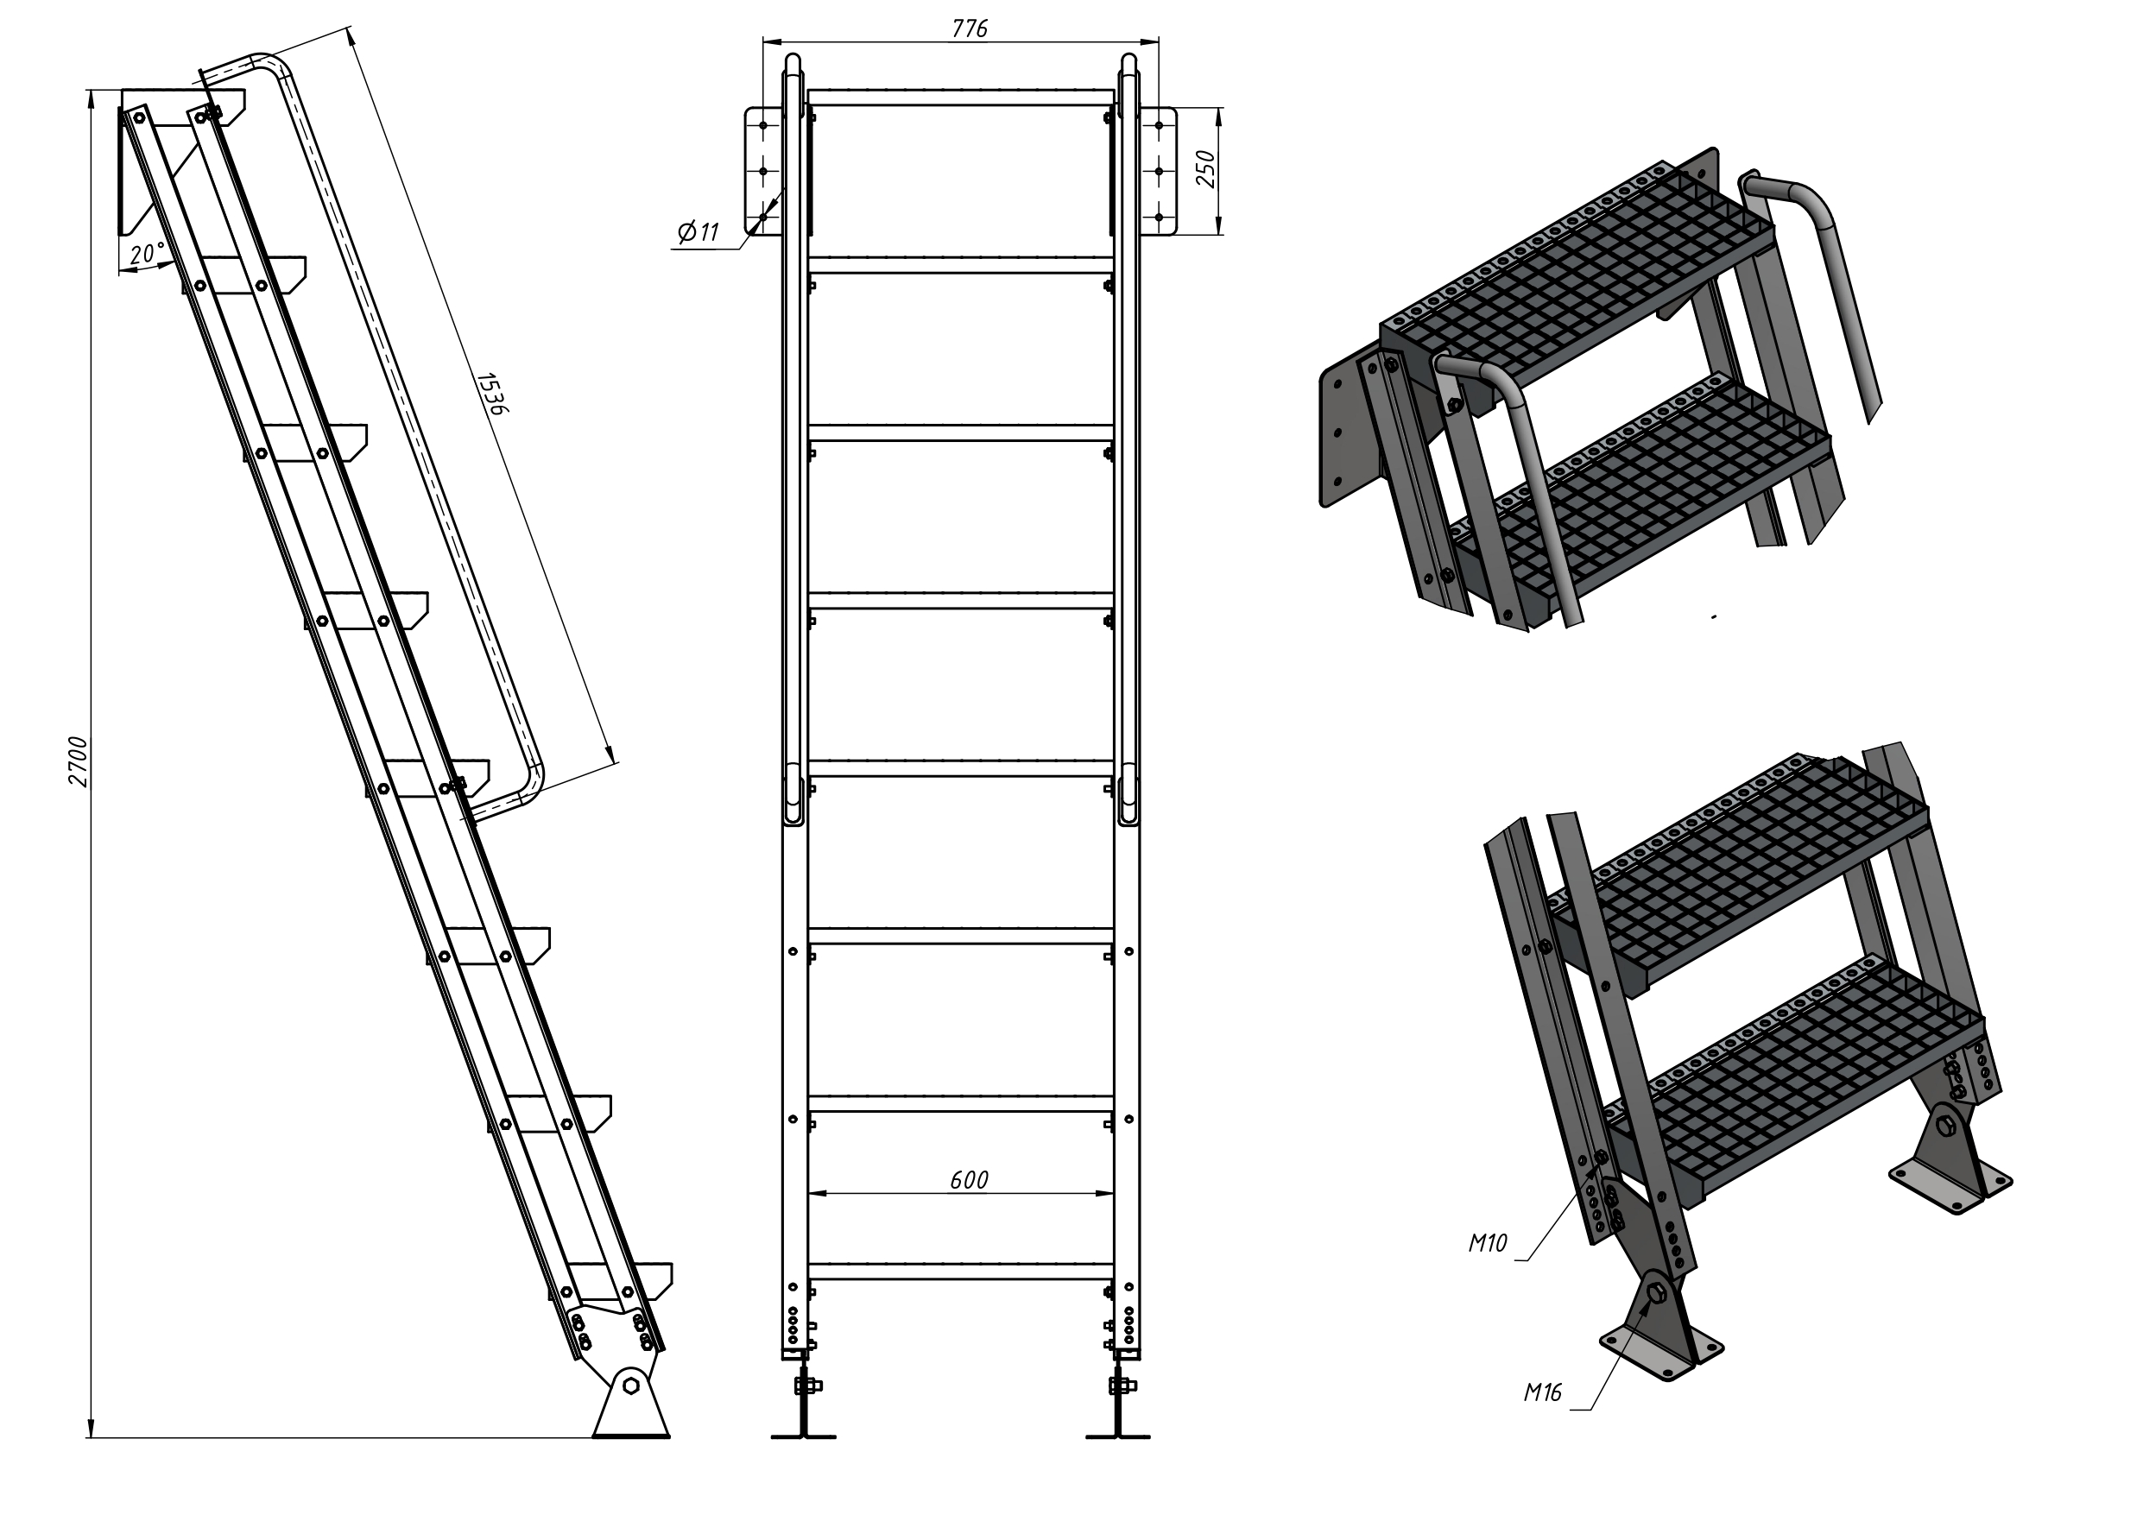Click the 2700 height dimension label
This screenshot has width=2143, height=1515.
point(79,761)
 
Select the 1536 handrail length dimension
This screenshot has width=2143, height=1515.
point(491,393)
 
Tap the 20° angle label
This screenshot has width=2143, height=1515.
point(148,253)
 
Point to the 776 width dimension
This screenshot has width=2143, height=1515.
point(970,29)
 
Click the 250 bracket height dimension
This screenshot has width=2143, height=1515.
point(1206,169)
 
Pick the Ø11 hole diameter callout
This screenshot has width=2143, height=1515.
point(699,231)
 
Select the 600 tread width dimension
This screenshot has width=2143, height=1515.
point(969,1180)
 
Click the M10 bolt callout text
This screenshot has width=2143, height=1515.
point(1488,1242)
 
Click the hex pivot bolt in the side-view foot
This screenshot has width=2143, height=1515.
point(631,1384)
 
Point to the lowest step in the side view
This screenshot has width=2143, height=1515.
point(622,1281)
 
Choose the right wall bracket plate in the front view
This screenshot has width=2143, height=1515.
point(1160,171)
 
